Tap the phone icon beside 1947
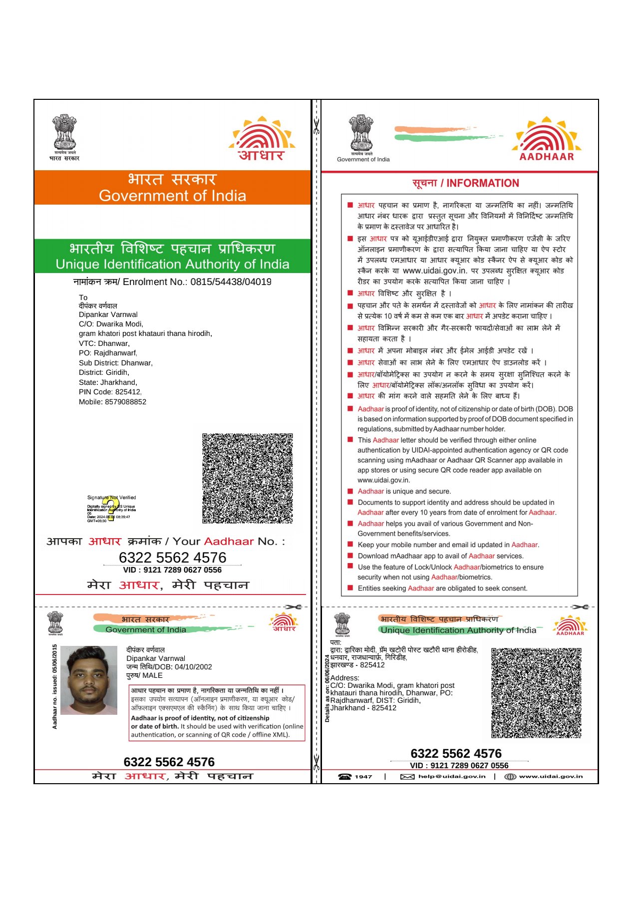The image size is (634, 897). pos(345,776)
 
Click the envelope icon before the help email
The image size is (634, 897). pos(407,777)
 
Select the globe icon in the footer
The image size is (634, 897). pos(510,777)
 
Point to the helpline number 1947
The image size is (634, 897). pos(363,777)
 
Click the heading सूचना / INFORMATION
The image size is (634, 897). pos(465,183)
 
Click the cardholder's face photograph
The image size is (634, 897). pos(88,680)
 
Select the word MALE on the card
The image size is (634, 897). pos(152,675)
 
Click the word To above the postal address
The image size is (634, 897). pos(83,298)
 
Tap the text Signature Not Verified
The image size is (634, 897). pos(111,498)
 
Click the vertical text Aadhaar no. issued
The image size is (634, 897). pos(55,686)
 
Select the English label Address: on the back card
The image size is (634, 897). pos(344,678)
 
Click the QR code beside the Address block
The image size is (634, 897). pos(536,693)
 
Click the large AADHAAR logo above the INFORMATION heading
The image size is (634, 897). pos(547,139)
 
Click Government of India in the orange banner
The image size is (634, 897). pos(172,196)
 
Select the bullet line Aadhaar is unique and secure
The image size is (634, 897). pos(404,491)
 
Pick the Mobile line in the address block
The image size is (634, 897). pos(112,402)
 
